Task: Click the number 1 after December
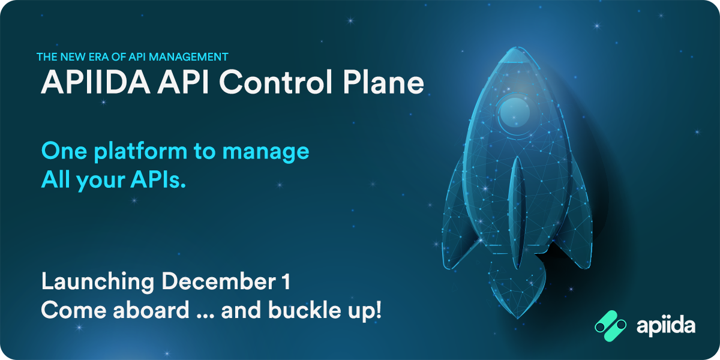coord(287,282)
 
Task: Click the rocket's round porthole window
coord(515,112)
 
